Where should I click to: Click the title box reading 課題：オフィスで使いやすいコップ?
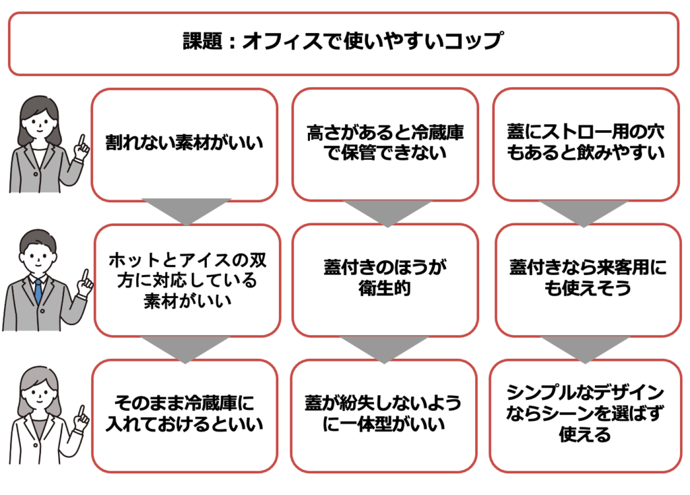coord(343,44)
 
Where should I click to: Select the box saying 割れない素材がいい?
coord(184,144)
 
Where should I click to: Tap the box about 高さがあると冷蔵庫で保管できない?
coord(385,144)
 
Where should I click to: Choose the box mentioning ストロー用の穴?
coord(585,144)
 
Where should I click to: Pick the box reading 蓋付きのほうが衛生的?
coord(385,279)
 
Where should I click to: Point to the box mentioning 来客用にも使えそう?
coord(585,279)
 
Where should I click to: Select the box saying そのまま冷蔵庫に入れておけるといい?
coord(184,415)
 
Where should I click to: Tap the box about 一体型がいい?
coord(385,415)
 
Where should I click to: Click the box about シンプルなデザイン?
coord(585,413)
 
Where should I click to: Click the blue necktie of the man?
coord(38,291)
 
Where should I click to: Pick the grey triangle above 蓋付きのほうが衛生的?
coord(384,211)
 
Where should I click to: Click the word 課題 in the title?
coord(201,42)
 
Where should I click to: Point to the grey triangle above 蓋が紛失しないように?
coord(384,347)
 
